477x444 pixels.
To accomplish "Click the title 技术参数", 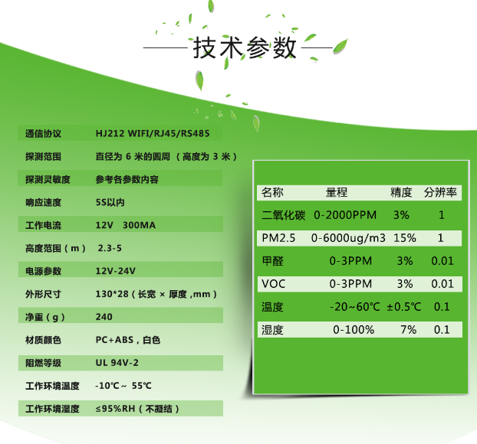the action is (x=245, y=47).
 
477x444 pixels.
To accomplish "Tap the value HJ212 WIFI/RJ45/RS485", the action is (x=153, y=134).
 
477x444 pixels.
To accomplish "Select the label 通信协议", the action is (x=43, y=134).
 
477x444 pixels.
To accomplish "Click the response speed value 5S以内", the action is (x=110, y=202).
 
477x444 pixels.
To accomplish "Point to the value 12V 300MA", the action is (x=126, y=225).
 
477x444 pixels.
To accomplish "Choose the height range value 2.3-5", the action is (x=110, y=248).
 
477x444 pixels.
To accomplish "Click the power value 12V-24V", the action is (x=116, y=271).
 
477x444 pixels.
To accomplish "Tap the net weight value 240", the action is (x=104, y=317).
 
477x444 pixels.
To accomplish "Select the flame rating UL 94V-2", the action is (x=117, y=363).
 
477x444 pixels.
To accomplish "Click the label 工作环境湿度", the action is (x=52, y=409).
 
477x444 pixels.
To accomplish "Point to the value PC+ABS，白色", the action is (x=128, y=340).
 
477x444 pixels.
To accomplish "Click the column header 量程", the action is (x=337, y=192).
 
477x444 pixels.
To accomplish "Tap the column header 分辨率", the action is (x=440, y=192).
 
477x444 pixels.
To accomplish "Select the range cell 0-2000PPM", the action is (x=345, y=215).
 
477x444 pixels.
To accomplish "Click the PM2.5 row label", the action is (x=278, y=238).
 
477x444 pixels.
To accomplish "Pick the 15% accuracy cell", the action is (x=405, y=238).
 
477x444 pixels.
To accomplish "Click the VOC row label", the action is (x=274, y=284).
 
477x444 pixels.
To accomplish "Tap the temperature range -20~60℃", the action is (x=355, y=307).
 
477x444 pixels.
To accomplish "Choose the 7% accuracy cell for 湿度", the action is (x=409, y=330).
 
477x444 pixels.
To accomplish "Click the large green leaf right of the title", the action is (x=340, y=46).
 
